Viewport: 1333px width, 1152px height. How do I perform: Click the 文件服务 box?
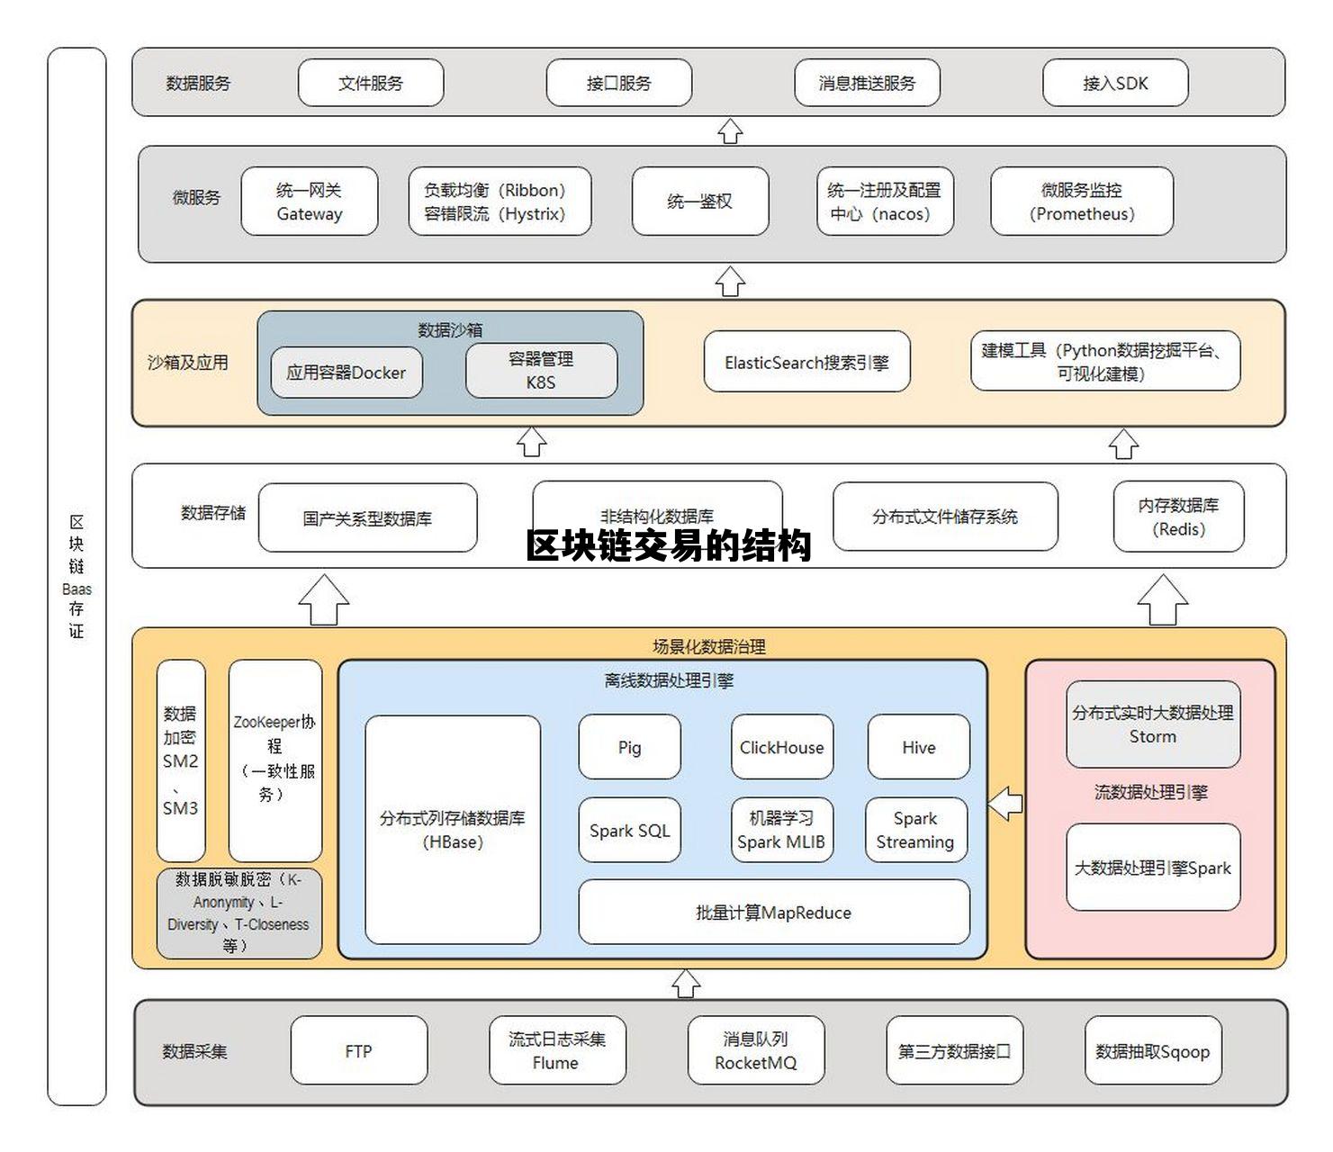coord(370,83)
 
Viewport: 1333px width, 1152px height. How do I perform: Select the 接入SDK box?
coord(1114,83)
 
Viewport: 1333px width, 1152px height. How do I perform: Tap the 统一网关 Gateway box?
coord(309,202)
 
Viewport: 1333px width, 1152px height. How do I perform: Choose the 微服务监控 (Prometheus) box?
coord(1081,202)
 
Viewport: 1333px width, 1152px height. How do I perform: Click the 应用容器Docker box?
coord(347,373)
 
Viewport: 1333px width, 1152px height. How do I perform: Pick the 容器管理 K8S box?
coord(541,370)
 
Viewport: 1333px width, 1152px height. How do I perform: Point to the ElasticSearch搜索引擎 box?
coord(806,362)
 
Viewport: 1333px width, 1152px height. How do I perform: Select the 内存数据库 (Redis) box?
coord(1178,517)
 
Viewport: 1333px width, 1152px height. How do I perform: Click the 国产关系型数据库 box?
coord(367,518)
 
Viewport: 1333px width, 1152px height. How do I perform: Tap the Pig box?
coord(629,747)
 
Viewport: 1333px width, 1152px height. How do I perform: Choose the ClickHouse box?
coord(781,747)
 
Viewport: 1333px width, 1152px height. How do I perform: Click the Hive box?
coord(918,747)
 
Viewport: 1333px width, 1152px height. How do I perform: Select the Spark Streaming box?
coord(915,830)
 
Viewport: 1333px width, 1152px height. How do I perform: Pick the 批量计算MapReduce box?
coord(773,912)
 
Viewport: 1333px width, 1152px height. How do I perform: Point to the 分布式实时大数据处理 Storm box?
coord(1152,724)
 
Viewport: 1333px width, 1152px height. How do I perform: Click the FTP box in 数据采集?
coord(358,1050)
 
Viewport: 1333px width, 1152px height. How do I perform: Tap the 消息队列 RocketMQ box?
coord(755,1050)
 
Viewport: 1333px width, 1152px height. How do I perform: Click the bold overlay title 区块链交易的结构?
coord(669,545)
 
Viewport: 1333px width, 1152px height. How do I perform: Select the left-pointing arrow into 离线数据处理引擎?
coord(1005,803)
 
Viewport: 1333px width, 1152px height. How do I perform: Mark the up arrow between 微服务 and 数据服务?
coord(730,131)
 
